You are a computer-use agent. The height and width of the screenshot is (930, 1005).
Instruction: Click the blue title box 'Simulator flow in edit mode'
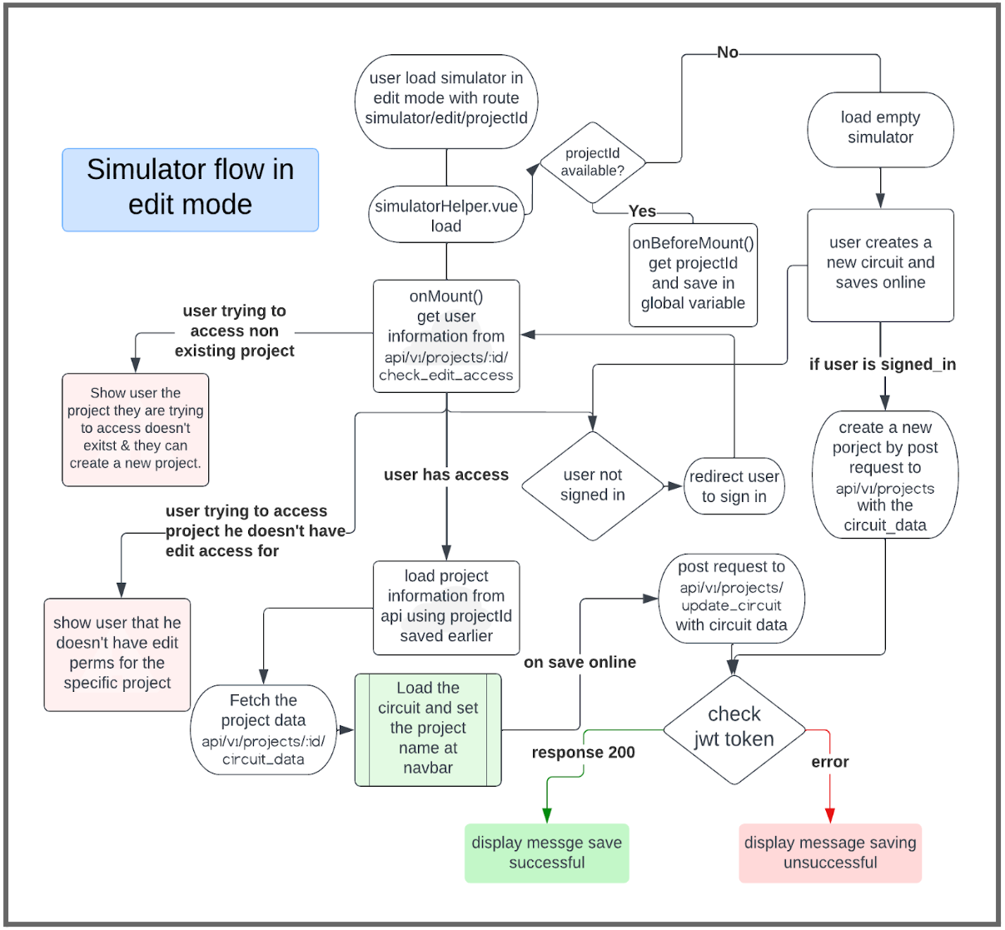pos(190,190)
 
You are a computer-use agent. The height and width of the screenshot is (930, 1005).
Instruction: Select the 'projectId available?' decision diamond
pos(592,162)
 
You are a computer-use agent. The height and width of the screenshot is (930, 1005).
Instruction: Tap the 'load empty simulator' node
pos(880,128)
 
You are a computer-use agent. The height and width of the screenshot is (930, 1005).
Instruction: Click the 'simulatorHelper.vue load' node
pos(446,216)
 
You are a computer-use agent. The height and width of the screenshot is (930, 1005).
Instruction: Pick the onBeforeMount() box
pos(693,274)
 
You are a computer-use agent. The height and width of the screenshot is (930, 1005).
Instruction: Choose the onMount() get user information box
pos(446,336)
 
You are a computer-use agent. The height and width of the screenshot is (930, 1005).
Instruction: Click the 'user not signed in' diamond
pos(592,485)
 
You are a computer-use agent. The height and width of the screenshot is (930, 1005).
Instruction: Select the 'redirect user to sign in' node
pos(734,486)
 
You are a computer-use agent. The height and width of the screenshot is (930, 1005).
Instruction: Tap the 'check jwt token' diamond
pos(734,729)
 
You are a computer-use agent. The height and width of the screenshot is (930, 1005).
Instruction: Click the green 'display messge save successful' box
pos(546,853)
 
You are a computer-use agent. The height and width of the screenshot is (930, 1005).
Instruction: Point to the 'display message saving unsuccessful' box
pos(830,853)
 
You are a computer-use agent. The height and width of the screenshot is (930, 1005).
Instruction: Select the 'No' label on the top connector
pos(727,52)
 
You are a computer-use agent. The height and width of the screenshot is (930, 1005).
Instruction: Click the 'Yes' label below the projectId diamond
pos(642,211)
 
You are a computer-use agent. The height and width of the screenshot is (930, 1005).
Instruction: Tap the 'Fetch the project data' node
pos(263,729)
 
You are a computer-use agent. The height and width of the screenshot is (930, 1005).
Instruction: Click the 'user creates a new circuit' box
pos(880,264)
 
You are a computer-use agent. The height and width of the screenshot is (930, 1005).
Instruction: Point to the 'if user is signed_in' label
pos(882,364)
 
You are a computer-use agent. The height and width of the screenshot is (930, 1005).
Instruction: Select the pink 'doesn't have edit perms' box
pos(117,654)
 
